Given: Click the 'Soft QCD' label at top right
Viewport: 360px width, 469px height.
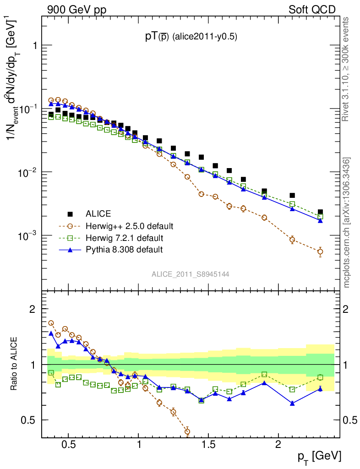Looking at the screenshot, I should coord(312,9).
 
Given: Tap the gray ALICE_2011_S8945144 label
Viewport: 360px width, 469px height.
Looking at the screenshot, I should coord(191,274).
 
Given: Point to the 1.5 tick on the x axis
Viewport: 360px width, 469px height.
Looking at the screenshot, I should coord(208,446).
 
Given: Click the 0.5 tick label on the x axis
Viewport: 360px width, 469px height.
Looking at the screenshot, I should coord(68,446).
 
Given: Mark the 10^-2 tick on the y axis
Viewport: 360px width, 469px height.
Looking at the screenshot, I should coord(28,172).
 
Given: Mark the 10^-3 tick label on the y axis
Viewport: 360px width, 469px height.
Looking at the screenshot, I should coord(28,235).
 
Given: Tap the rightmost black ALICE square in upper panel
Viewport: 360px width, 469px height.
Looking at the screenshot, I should coord(320,212).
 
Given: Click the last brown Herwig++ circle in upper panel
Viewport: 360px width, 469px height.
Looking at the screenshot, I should coord(320,251).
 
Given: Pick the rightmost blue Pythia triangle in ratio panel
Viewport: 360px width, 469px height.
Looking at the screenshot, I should coord(320,389).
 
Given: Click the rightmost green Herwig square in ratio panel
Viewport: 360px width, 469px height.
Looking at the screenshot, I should coord(320,377).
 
